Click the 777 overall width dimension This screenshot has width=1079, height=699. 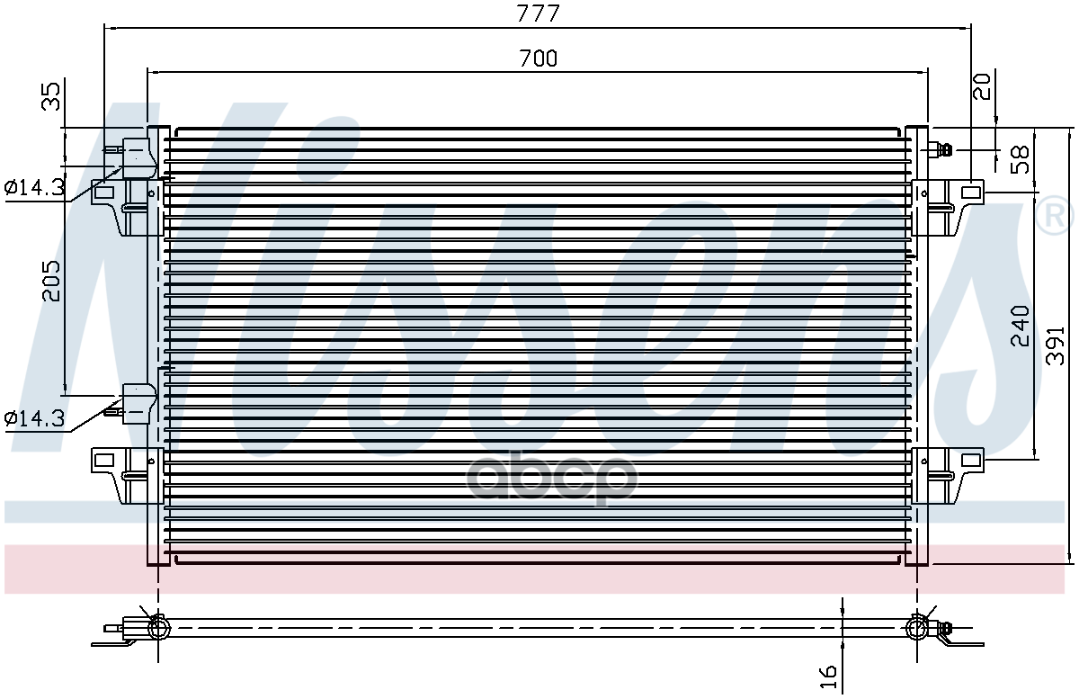coord(538,13)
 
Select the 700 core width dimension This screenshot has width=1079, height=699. coord(538,58)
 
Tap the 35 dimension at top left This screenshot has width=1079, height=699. coord(51,96)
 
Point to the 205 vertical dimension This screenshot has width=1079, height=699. coord(51,281)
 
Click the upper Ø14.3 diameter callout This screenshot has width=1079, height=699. coord(34,187)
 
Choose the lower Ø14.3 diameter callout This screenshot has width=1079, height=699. coord(34,418)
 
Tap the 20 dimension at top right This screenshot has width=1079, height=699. coord(982,86)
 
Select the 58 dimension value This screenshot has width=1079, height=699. coord(1020,159)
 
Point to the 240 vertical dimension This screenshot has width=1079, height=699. coord(1020,326)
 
